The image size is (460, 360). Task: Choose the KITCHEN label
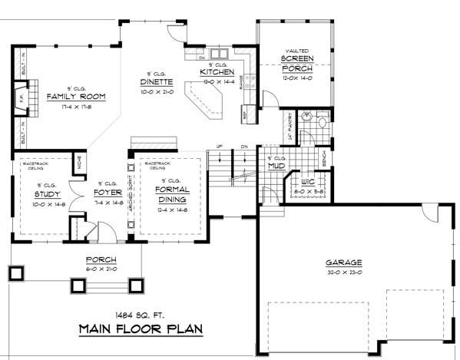tap(217, 72)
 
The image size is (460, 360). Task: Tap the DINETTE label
tap(156, 81)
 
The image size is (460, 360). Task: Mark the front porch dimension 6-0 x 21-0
tap(101, 269)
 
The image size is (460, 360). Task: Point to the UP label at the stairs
tap(220, 146)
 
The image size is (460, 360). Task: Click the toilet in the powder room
tap(321, 123)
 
